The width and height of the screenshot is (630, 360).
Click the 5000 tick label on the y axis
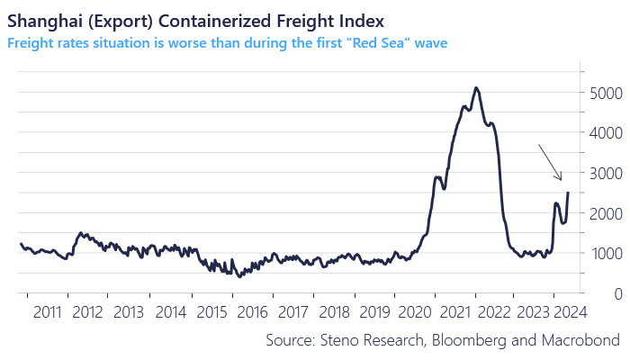(x=607, y=93)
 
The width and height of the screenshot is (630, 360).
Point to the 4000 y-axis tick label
(x=607, y=132)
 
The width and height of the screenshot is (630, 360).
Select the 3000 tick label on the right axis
(x=607, y=173)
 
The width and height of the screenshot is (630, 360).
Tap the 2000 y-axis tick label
(x=607, y=213)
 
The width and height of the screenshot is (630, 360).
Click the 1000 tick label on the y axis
(x=607, y=253)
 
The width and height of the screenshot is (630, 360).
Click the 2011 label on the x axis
(x=46, y=312)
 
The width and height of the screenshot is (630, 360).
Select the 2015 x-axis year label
(x=211, y=312)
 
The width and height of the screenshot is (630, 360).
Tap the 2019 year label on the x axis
(x=376, y=312)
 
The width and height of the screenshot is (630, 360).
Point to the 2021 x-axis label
(x=458, y=312)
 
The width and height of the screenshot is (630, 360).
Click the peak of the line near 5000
(x=476, y=88)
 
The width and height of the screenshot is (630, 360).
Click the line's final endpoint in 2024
(x=568, y=193)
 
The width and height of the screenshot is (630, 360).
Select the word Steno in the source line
(x=337, y=339)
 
